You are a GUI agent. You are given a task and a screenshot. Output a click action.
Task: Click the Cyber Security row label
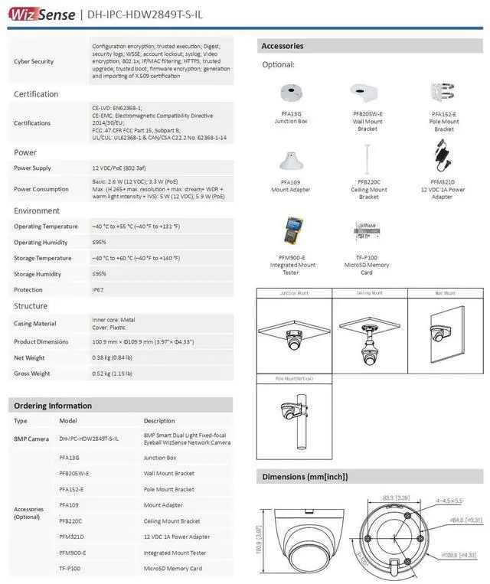coord(34,61)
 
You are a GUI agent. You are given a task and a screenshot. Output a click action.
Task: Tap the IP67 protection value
coord(98,289)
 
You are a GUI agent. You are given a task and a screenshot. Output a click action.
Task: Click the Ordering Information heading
coord(53,406)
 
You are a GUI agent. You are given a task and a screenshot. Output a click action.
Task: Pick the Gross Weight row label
coord(32,374)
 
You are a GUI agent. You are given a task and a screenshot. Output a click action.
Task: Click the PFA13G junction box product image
coord(291,94)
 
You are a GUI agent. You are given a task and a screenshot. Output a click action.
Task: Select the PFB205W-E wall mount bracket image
coord(367,94)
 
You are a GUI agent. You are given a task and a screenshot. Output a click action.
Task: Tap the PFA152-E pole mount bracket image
coord(444,93)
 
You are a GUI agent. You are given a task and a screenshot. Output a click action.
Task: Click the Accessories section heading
coord(283,46)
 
